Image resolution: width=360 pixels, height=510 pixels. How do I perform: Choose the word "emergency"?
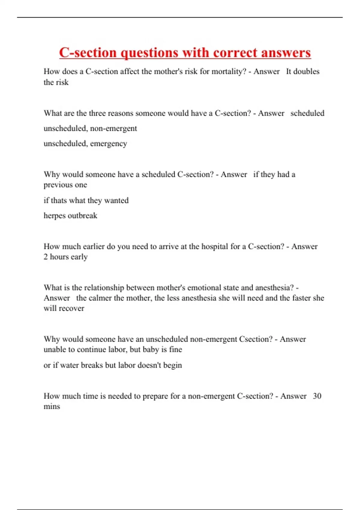(109, 144)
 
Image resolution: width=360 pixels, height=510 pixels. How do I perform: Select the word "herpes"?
(55, 216)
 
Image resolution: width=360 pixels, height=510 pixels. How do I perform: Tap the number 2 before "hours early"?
(46, 257)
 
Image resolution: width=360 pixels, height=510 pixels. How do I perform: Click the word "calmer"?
(100, 298)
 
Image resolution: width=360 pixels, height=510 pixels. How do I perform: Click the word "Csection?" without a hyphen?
(256, 339)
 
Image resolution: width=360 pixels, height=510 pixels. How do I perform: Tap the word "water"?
(69, 365)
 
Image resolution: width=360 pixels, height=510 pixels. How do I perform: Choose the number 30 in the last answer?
(317, 396)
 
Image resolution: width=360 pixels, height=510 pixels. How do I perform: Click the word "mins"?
(52, 406)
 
